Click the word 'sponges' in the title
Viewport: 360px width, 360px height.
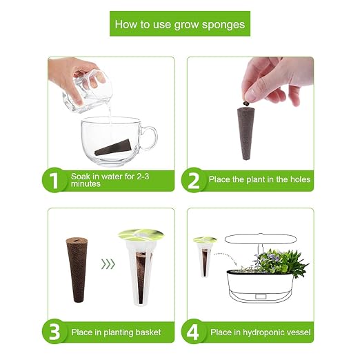223,25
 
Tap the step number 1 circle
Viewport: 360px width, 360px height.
54,180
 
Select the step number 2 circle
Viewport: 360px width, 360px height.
194,180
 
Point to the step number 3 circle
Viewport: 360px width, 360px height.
54,331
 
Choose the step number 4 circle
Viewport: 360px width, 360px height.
194,331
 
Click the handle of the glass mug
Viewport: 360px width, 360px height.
150,138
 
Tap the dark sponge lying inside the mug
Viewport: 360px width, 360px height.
113,148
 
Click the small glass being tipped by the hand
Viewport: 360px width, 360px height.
88,92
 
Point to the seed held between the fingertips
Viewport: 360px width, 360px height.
246,103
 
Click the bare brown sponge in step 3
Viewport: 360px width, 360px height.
77,270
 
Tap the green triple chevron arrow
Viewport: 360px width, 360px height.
108,264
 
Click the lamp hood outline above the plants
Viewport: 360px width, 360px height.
260,239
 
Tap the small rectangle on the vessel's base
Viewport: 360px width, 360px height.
261,297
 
